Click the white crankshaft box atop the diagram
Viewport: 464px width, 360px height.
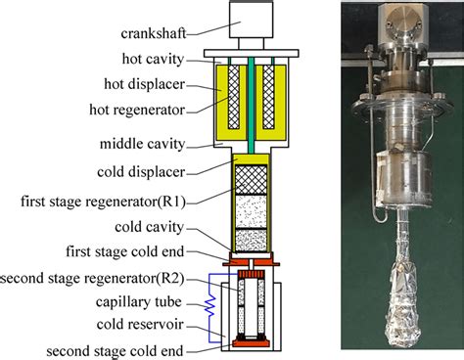tap(248, 21)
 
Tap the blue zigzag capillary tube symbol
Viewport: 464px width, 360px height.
tap(207, 304)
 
